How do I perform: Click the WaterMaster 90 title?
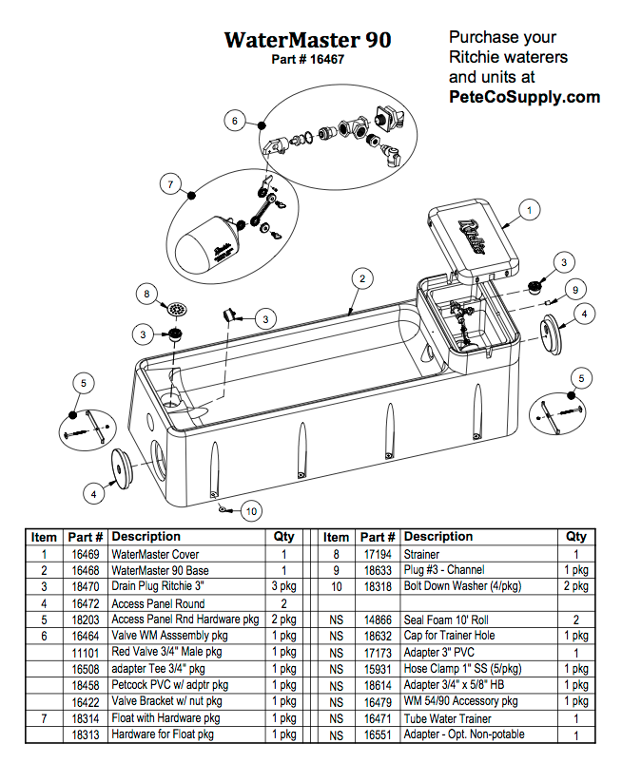[307, 40]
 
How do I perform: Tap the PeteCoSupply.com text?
[524, 96]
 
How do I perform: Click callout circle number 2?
[361, 278]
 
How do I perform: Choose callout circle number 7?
[170, 182]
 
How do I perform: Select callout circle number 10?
[249, 511]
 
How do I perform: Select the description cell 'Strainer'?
[423, 554]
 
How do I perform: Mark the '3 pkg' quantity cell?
[283, 586]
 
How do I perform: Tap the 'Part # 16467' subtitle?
[307, 59]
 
